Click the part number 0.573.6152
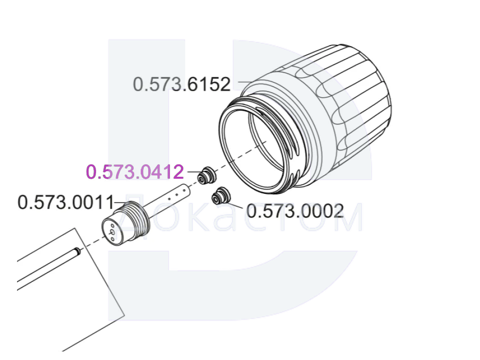[182, 84]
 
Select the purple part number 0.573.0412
[135, 172]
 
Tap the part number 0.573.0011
[66, 202]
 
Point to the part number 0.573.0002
[295, 211]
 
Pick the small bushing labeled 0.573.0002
[221, 196]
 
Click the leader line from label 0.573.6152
[246, 82]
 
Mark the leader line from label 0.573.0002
[236, 206]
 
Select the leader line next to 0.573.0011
[121, 202]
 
